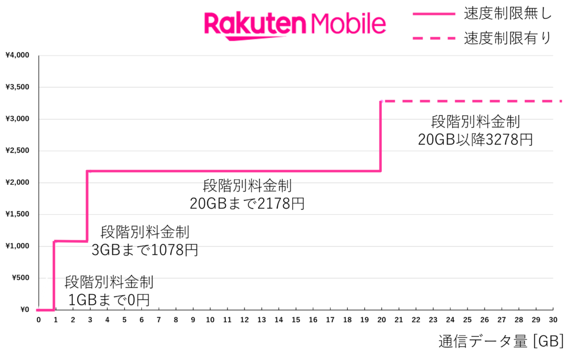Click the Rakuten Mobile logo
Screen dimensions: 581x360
[295, 26]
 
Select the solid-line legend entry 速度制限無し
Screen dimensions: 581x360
[482, 14]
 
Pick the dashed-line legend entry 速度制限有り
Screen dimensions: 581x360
[482, 38]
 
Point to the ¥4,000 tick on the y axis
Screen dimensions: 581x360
[18, 55]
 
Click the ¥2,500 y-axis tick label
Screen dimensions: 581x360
[18, 150]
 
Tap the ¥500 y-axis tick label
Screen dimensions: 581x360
[21, 278]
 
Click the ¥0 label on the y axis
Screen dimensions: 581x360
[24, 310]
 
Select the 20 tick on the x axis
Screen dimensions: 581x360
[381, 320]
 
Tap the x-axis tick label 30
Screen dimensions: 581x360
[553, 320]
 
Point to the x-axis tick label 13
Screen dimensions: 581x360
[261, 320]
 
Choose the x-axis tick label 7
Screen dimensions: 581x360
[159, 320]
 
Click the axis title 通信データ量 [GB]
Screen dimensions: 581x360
[502, 341]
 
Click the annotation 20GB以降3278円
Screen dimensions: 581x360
[475, 140]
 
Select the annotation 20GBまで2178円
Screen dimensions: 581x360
[247, 204]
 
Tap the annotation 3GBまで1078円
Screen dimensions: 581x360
[145, 251]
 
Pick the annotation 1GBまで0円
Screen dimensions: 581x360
[109, 300]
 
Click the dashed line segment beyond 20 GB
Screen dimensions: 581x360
[471, 101]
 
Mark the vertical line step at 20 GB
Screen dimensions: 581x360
[381, 136]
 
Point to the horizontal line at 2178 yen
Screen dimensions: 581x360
[234, 171]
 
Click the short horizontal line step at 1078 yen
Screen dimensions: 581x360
[70, 242]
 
